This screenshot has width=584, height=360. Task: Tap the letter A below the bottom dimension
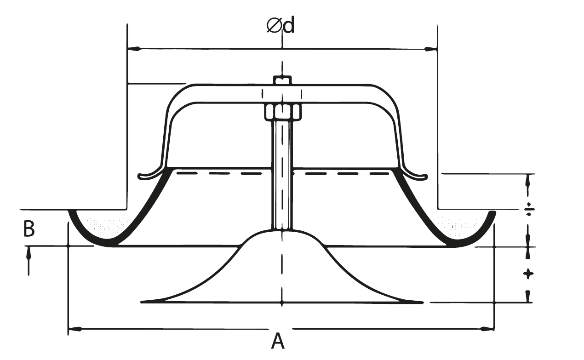pos(277,341)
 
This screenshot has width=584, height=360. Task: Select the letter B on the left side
pos(29,229)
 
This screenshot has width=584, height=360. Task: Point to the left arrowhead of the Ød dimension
pos(132,48)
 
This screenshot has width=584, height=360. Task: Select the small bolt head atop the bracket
pos(282,80)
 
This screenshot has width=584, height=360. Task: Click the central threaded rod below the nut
pos(281,175)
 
